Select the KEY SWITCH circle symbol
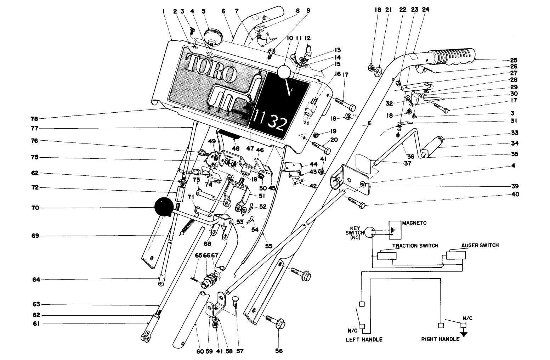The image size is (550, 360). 371,232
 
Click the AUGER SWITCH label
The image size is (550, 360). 480,245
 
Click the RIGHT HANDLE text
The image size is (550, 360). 440,339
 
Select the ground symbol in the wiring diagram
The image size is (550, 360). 463,333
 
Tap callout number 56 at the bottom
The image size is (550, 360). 279,351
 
